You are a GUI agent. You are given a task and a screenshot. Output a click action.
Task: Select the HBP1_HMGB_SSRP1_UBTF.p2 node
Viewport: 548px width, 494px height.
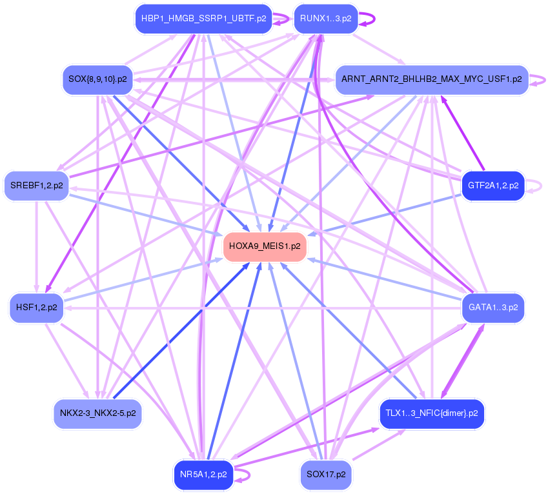pyautogui.click(x=203, y=19)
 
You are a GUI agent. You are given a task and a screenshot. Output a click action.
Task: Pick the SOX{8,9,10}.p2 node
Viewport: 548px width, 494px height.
pyautogui.click(x=97, y=80)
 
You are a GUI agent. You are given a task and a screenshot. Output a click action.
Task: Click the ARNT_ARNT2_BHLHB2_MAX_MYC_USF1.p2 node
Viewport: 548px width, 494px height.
pyautogui.click(x=431, y=80)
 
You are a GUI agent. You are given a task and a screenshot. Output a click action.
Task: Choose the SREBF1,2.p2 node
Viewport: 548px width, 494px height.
pyautogui.click(x=37, y=186)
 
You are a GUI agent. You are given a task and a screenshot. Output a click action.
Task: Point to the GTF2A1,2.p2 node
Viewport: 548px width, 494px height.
pyautogui.click(x=493, y=186)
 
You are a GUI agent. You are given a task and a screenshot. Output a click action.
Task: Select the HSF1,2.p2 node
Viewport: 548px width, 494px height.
pyautogui.click(x=37, y=308)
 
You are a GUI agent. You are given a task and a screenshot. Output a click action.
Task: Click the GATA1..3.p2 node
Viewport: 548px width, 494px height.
pyautogui.click(x=493, y=308)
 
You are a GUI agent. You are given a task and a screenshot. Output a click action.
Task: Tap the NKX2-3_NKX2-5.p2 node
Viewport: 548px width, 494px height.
pyautogui.click(x=97, y=413)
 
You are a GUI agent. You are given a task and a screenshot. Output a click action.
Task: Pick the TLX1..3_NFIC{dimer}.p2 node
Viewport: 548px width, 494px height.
pyautogui.click(x=432, y=413)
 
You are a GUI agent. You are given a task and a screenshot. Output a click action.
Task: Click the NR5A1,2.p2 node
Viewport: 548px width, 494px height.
pyautogui.click(x=203, y=475)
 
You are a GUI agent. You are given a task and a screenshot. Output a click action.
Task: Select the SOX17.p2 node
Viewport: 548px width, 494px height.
pyautogui.click(x=326, y=475)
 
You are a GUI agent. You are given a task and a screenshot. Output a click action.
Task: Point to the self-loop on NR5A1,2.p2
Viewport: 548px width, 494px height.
pyautogui.click(x=245, y=475)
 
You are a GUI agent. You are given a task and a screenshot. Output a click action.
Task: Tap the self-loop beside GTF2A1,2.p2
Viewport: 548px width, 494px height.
pyautogui.click(x=536, y=186)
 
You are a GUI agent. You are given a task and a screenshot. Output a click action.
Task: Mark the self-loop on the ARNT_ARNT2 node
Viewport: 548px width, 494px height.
pyautogui.click(x=540, y=80)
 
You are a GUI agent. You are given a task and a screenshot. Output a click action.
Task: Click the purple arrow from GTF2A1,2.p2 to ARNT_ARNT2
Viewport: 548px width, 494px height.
pyautogui.click(x=462, y=132)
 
